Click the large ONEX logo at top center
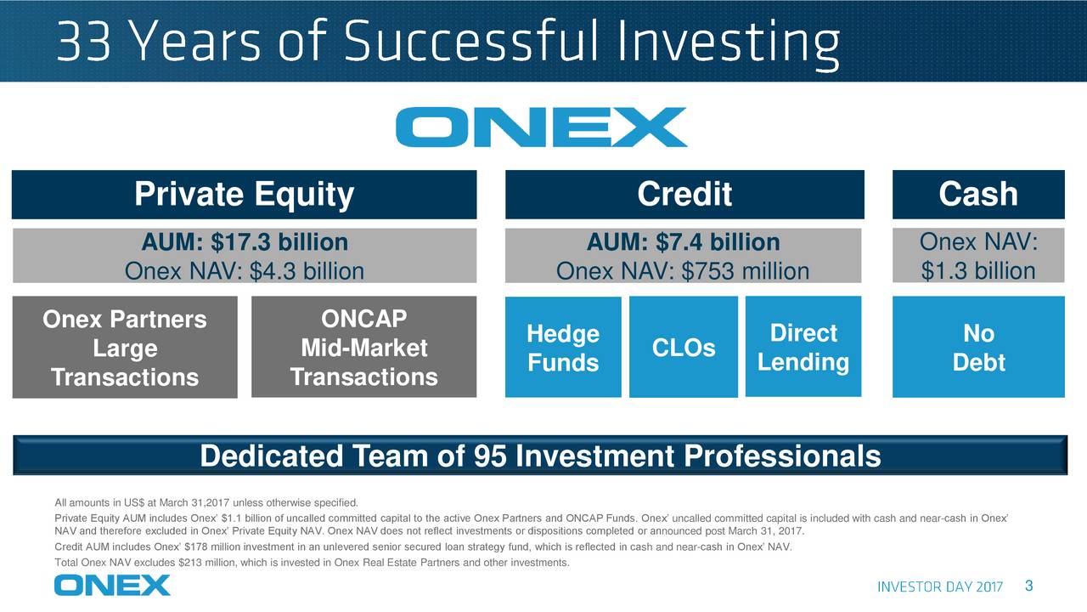click(x=541, y=127)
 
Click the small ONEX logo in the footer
click(x=112, y=585)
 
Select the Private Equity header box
click(x=244, y=195)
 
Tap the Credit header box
click(x=684, y=195)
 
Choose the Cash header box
click(x=978, y=195)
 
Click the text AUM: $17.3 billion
click(x=244, y=243)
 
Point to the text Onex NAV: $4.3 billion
click(x=244, y=271)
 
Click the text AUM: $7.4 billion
click(x=683, y=243)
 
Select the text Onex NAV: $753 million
click(x=683, y=271)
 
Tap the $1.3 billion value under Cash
click(x=978, y=271)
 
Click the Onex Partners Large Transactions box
click(x=125, y=347)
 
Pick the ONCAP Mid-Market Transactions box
click(x=363, y=347)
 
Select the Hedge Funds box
click(x=562, y=348)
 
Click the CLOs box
click(x=683, y=348)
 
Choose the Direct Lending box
click(x=803, y=347)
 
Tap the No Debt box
click(x=978, y=348)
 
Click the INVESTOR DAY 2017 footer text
click(x=939, y=587)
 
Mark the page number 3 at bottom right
click(x=1028, y=586)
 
